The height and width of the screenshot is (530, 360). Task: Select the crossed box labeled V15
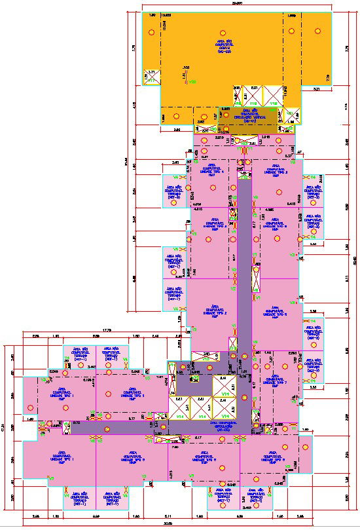pos(272,95)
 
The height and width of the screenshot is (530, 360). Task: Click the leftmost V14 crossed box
pos(179,407)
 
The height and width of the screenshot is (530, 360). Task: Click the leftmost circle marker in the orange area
pos(151,31)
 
